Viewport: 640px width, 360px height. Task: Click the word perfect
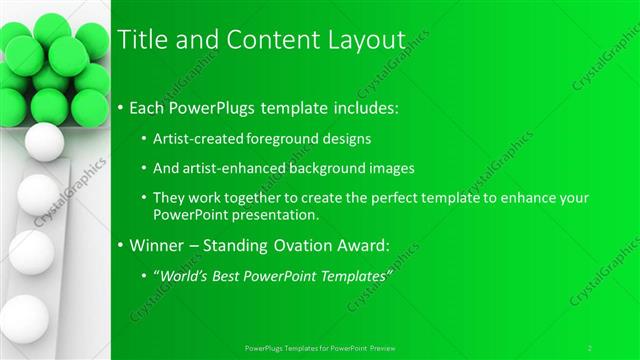[x=398, y=199]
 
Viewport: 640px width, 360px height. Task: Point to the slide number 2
[x=590, y=347]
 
